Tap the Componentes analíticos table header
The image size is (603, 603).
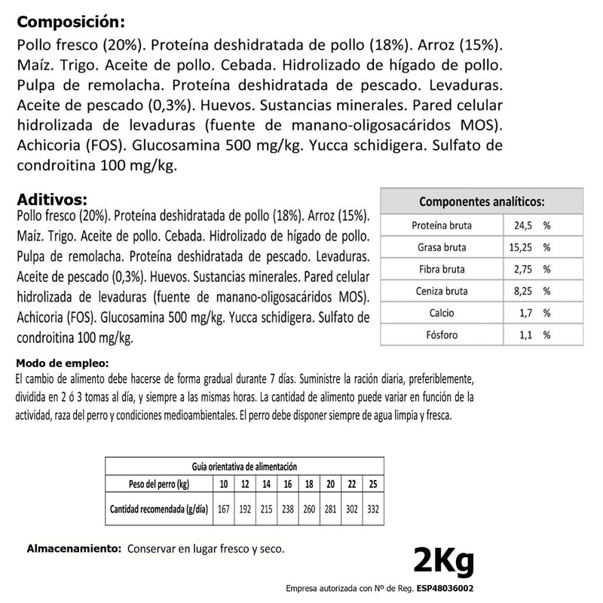482,202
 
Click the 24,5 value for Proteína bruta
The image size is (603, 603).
523,225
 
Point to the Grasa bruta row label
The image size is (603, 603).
442,247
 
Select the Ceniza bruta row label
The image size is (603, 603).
442,291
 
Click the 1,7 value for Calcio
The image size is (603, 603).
526,313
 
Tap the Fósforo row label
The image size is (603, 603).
442,335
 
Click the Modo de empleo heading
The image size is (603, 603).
53,361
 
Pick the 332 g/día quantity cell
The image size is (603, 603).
372,509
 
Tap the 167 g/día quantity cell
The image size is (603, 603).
222,509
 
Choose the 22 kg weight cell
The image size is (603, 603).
350,483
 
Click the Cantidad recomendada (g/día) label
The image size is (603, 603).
158,509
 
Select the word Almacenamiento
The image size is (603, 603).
73,549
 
